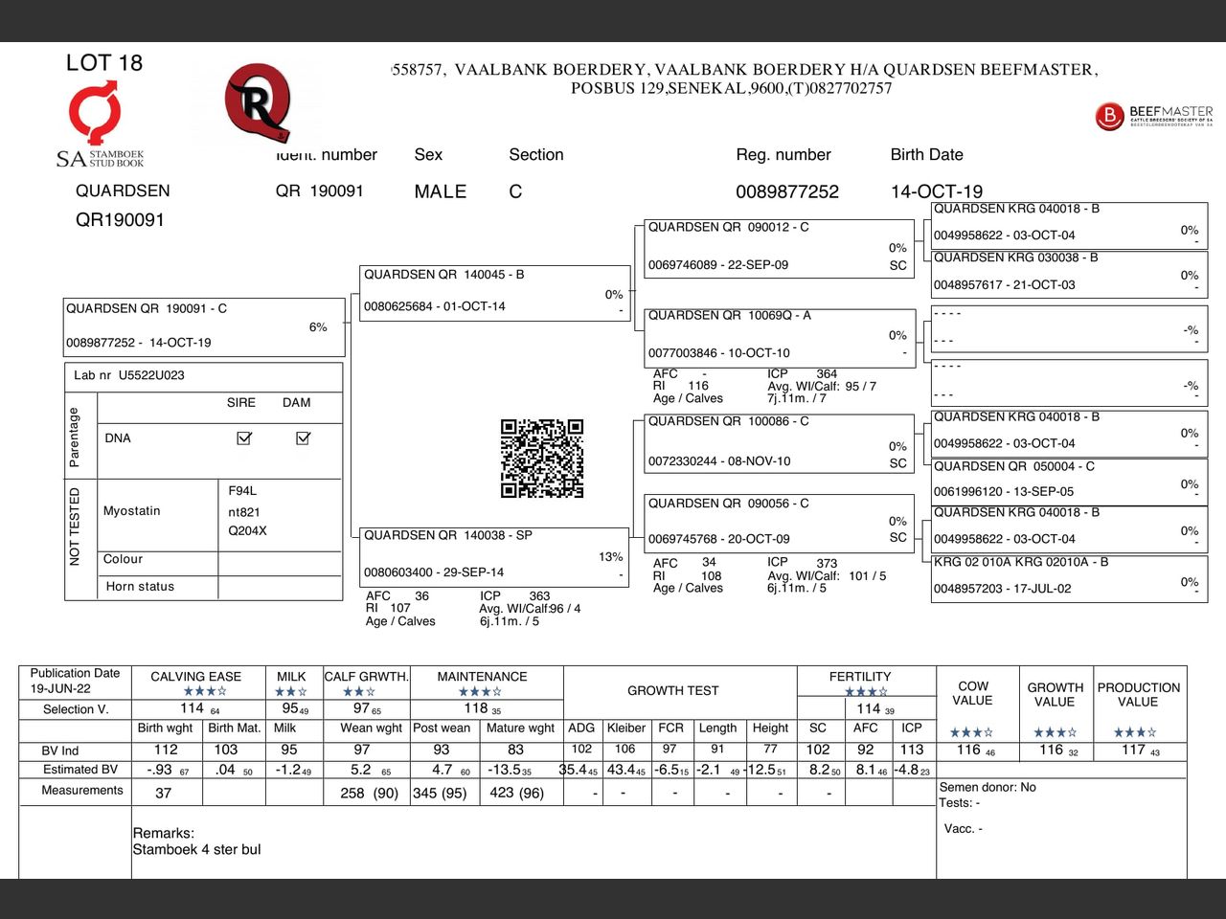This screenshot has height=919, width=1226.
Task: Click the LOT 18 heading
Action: pos(103,63)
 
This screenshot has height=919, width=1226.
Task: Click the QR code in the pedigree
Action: pos(542,459)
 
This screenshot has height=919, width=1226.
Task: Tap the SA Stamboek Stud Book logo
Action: pos(99,125)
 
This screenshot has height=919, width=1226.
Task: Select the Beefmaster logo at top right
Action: pos(1153,116)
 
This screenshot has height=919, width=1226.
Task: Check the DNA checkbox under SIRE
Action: pos(244,437)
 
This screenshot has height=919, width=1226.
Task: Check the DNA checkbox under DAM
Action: pos(303,437)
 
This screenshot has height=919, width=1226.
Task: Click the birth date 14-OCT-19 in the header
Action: pos(936,191)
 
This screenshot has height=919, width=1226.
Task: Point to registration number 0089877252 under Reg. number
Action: pos(786,191)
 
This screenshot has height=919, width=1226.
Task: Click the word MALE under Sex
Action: pos(440,191)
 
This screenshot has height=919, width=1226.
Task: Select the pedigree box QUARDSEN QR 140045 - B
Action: pos(493,292)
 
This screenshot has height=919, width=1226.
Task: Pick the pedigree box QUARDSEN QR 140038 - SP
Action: pos(493,555)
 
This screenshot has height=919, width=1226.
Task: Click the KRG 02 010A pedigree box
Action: pos(1068,576)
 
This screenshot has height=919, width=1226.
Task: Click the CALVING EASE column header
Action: pos(196,677)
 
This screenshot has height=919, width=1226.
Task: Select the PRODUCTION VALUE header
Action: pos(1138,694)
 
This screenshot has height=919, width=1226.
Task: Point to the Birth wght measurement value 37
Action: pos(164,793)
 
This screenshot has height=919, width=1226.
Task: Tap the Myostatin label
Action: pos(132,511)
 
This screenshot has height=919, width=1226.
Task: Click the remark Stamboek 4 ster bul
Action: pos(196,849)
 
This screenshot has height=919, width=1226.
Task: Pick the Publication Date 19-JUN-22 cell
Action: pos(75,681)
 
